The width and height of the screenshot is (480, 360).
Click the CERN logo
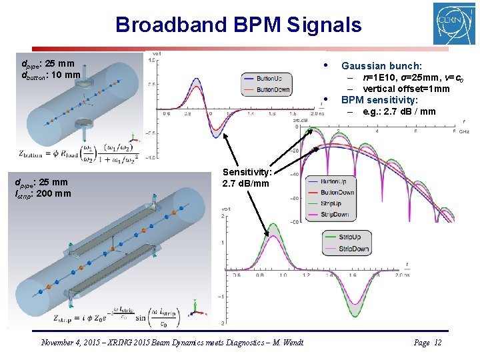[454, 24]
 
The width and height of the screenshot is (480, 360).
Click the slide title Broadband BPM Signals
[238, 25]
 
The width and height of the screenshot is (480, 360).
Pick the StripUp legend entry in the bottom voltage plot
[349, 237]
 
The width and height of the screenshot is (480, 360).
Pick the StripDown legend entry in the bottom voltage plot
[352, 249]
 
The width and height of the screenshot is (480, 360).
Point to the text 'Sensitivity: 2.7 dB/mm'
[246, 177]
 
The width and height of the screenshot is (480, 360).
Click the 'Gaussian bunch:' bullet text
[381, 66]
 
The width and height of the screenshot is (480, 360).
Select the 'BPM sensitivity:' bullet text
[379, 100]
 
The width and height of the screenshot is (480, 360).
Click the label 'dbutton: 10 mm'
[51, 75]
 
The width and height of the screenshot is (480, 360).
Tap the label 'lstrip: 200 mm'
[46, 193]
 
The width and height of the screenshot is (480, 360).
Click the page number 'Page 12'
[427, 342]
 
